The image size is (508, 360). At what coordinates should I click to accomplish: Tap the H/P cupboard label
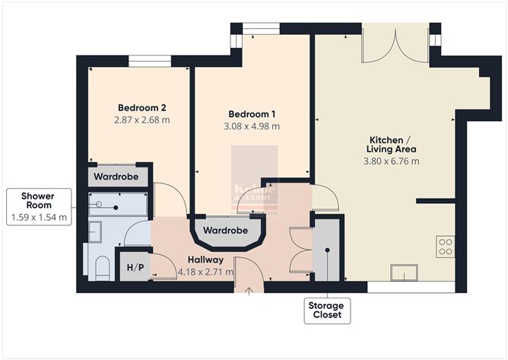(x=135, y=267)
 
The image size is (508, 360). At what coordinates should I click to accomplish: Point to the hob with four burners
(x=446, y=247)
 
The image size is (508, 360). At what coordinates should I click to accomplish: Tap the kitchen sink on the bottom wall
(x=398, y=272)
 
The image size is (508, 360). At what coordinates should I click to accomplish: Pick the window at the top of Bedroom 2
(x=150, y=62)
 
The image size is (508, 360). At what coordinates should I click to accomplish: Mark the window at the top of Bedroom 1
(x=260, y=30)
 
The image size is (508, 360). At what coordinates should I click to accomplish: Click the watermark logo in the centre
(x=254, y=190)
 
